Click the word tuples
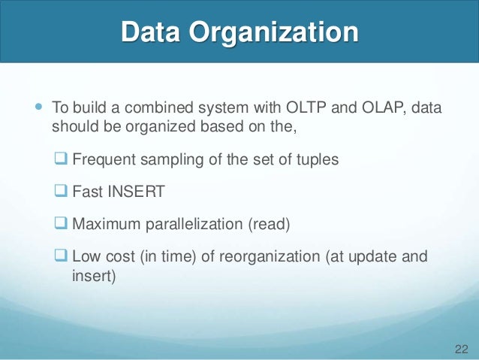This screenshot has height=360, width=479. click(318, 159)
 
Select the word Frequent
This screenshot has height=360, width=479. click(101, 159)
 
